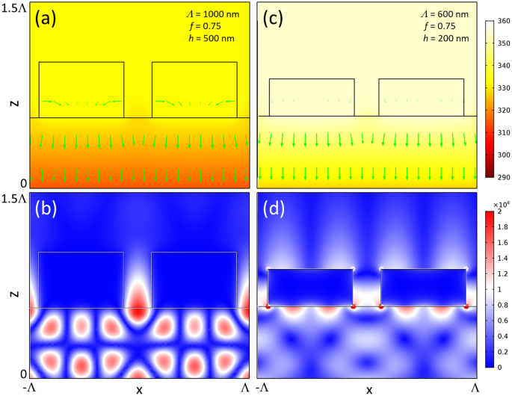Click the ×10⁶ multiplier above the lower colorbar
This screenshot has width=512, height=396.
coord(496,203)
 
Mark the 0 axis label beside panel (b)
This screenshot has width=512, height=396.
coord(22,374)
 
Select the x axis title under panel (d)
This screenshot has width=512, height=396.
coord(368,389)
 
